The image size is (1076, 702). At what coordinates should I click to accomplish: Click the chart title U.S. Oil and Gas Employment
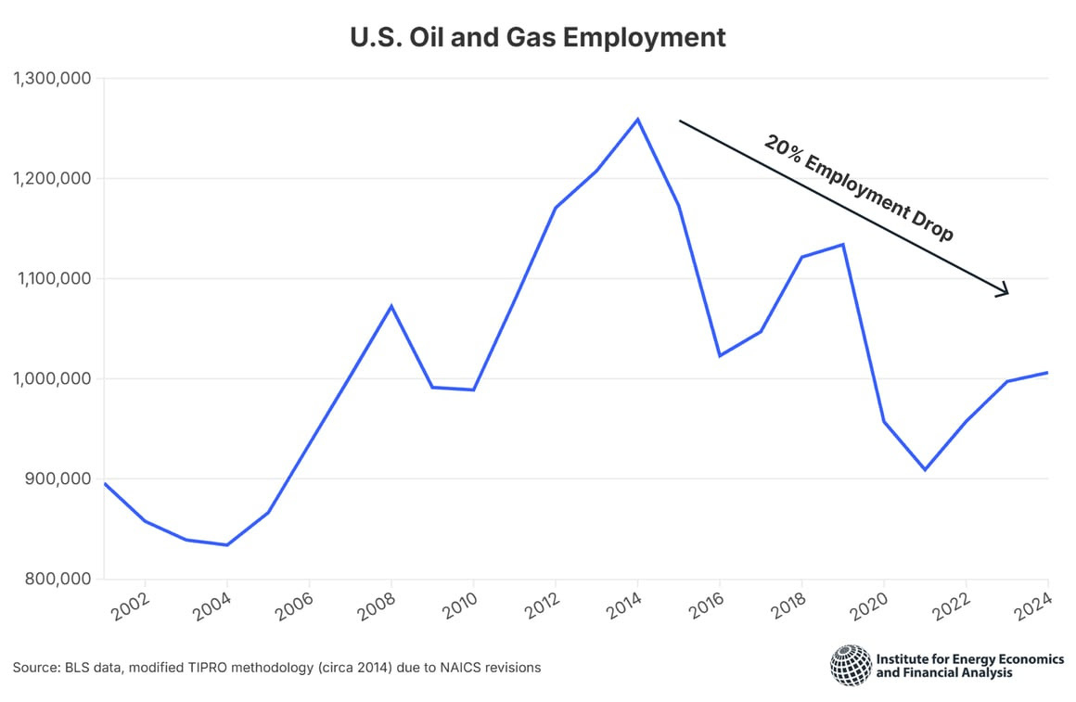pyautogui.click(x=537, y=38)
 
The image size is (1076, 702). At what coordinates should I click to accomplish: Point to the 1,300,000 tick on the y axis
pyautogui.click(x=52, y=79)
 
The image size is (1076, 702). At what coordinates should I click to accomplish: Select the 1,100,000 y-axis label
pyautogui.click(x=52, y=279)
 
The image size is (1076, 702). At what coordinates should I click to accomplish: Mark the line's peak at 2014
pyautogui.click(x=637, y=119)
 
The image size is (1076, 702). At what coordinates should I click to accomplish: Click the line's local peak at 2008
pyautogui.click(x=391, y=306)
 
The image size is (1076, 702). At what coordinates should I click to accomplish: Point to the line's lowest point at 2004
pyautogui.click(x=227, y=544)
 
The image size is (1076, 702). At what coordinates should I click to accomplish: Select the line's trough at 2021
pyautogui.click(x=925, y=469)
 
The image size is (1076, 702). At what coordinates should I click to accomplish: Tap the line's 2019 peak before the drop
pyautogui.click(x=842, y=245)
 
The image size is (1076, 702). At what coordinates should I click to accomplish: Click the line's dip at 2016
pyautogui.click(x=720, y=355)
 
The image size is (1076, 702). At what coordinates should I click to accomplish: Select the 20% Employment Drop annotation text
pyautogui.click(x=858, y=188)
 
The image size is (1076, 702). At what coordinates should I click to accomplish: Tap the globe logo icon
pyautogui.click(x=850, y=665)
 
